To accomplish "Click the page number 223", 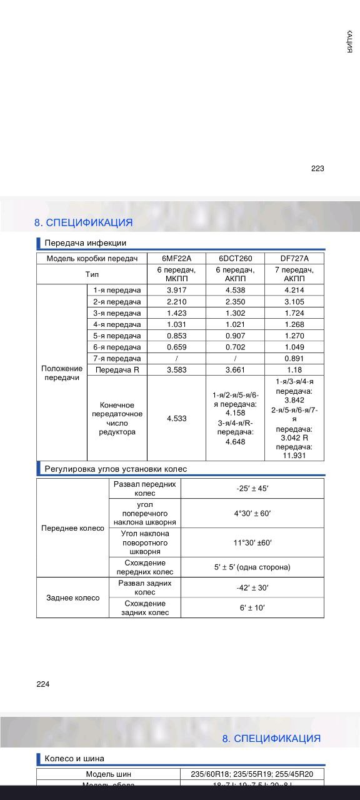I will (317, 168).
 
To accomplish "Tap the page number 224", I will (42, 684).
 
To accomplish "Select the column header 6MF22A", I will (176, 258).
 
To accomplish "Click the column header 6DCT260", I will (234, 258).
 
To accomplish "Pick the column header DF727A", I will (294, 258).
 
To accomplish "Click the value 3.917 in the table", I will (176, 290).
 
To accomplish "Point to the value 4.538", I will (234, 290).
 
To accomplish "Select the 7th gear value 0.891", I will (294, 358).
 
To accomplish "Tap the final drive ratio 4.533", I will (176, 418).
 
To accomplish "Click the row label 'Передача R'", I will (117, 369).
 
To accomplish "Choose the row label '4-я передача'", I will (117, 324).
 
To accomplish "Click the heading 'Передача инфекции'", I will (85, 243).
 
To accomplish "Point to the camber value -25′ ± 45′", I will (252, 489).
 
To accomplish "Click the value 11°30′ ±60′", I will (252, 542).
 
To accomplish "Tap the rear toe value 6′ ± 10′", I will (252, 607).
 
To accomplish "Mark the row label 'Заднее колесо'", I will (72, 597).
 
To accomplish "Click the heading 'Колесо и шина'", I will (74, 759).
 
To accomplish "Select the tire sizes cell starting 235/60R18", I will (252, 774).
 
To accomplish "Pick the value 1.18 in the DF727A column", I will (294, 369).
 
